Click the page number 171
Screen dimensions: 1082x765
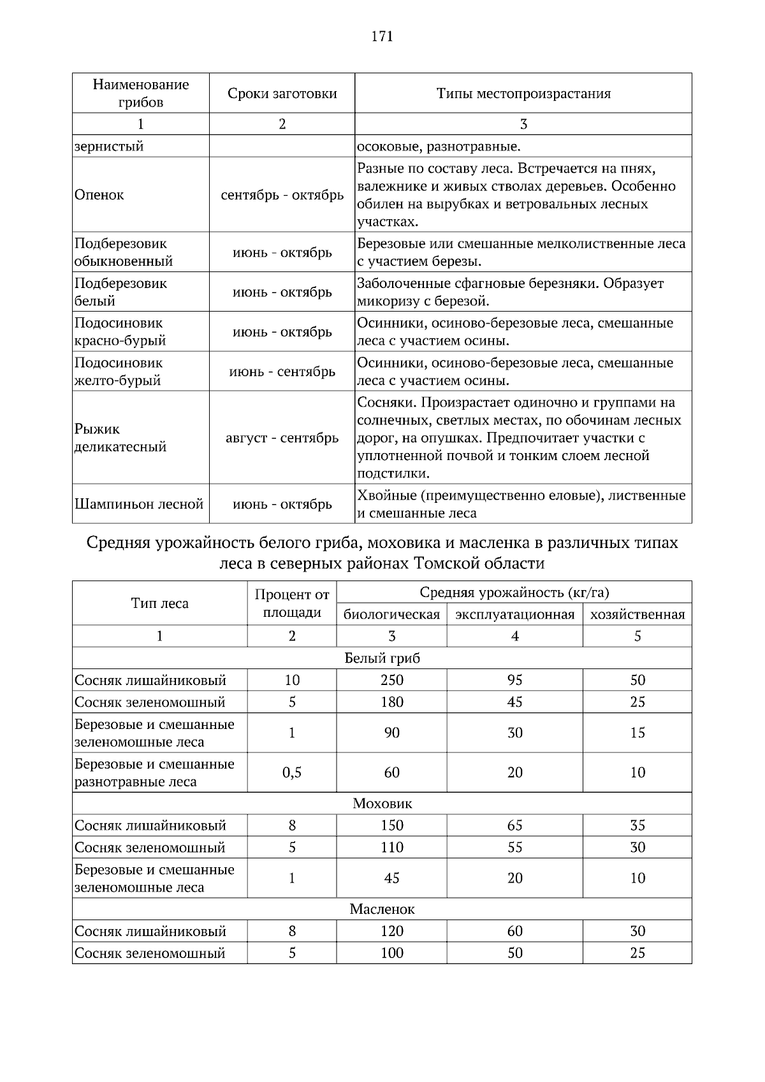click(382, 36)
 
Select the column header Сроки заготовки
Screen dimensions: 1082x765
click(282, 94)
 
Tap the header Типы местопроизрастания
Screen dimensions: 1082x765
click(523, 94)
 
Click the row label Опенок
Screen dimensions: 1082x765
click(99, 195)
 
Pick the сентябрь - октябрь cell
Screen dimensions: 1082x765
click(282, 195)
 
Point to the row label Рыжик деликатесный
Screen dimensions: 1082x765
click(120, 438)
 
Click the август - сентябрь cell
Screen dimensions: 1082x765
click(282, 438)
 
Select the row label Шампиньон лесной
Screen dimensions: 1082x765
click(139, 504)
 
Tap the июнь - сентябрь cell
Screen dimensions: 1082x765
click(282, 371)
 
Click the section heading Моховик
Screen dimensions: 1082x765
click(382, 804)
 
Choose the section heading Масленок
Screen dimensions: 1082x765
click(382, 909)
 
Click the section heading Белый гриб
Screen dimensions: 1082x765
click(382, 658)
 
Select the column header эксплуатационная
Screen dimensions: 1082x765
click(514, 614)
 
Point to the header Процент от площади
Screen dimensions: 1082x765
click(292, 603)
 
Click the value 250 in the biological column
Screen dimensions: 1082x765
click(391, 680)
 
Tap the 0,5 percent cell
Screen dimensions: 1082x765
click(292, 772)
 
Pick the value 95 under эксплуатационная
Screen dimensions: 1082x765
click(514, 680)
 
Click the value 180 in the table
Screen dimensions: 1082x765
click(391, 702)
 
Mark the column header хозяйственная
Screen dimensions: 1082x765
click(637, 614)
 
